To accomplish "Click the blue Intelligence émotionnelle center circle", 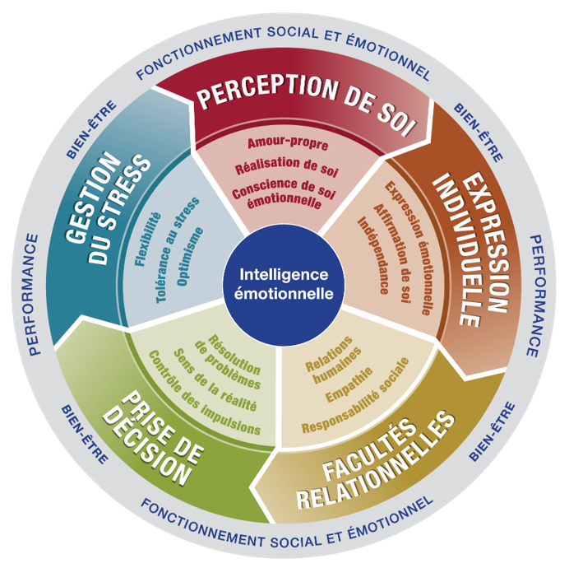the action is pos(284,283).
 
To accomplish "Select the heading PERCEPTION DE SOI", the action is pos(306,104).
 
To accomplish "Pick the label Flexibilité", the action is pos(147,240).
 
